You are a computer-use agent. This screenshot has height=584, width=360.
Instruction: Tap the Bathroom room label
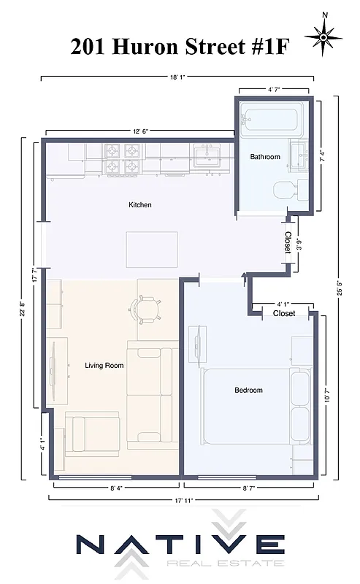(265, 157)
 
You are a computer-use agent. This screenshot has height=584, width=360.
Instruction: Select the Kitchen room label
(140, 205)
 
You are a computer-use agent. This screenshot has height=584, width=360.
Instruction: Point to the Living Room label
(104, 366)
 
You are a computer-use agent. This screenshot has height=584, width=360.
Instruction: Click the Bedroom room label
(248, 391)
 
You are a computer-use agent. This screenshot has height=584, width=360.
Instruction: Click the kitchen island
(152, 250)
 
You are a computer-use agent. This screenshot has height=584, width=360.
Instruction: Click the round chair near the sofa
(146, 309)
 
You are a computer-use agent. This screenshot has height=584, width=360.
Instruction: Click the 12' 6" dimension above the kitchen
(142, 131)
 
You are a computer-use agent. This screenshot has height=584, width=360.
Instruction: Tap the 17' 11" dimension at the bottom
(183, 500)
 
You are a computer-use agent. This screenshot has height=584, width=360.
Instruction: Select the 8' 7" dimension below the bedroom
(250, 487)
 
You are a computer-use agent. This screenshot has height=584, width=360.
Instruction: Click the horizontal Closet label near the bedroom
(284, 313)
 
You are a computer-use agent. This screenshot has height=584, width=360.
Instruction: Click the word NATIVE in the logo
(181, 547)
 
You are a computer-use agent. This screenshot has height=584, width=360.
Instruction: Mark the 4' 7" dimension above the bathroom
(275, 90)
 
